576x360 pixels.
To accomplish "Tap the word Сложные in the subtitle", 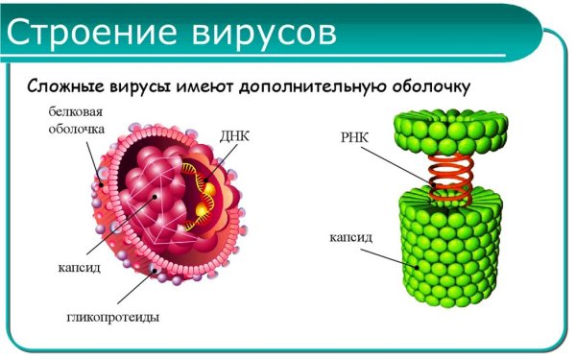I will pyautogui.click(x=64, y=86).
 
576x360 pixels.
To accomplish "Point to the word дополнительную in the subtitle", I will pyautogui.click(x=311, y=86).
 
